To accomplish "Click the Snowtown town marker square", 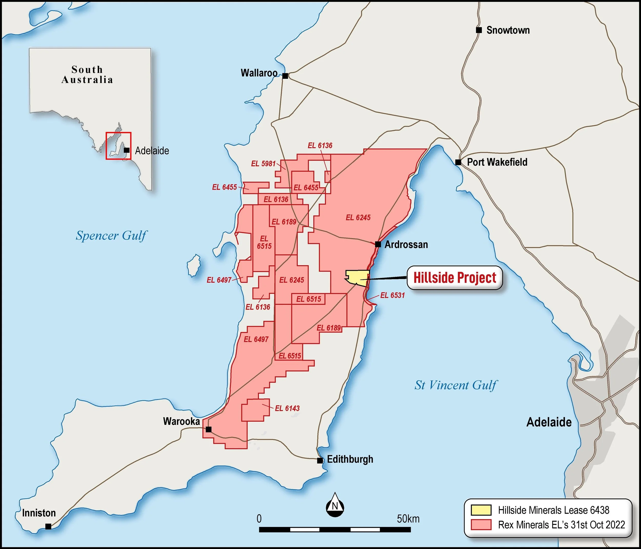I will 479,30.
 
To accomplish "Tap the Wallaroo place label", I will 259,73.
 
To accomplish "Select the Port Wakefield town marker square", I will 458,162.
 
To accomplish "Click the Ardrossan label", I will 406,244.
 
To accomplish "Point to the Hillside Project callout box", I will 454,278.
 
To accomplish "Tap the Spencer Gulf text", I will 111,235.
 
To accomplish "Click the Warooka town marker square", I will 208,429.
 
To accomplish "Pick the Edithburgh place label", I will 350,459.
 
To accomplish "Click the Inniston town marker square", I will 48,526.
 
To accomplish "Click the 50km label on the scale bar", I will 408,519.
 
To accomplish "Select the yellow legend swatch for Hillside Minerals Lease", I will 481,510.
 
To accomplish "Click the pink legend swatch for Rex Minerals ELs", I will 481,525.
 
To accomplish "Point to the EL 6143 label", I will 287,408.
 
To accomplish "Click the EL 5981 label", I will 263,163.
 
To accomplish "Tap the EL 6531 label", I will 392,295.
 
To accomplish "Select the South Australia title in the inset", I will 87,75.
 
